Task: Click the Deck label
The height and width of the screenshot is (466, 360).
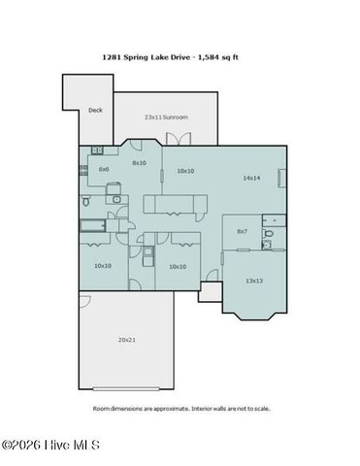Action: [95, 111]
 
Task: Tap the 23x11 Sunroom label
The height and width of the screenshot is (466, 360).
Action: [166, 116]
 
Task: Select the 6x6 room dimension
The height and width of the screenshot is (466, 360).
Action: [103, 169]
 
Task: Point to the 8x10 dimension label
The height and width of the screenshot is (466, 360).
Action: [139, 163]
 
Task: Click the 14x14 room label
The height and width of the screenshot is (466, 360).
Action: [251, 178]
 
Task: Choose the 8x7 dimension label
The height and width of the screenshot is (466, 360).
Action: [243, 231]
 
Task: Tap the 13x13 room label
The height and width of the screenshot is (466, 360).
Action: [253, 281]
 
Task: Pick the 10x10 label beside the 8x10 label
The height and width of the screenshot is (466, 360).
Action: [184, 170]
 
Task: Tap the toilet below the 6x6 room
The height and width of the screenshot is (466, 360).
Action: [85, 202]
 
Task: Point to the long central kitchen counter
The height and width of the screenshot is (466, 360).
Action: [176, 202]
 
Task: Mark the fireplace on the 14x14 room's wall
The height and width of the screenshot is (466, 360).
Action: [282, 180]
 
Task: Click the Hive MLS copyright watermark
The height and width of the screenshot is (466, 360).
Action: [50, 446]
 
